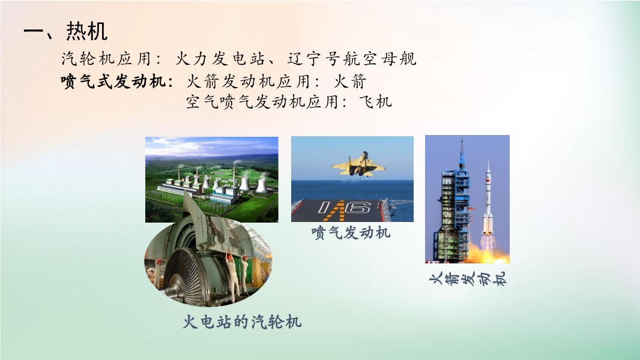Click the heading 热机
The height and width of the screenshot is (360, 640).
click(x=87, y=31)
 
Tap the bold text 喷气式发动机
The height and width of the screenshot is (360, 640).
click(x=113, y=81)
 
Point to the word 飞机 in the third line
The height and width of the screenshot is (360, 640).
click(x=375, y=101)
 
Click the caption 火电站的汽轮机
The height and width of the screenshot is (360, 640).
click(x=241, y=322)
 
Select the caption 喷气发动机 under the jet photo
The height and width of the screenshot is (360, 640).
click(x=351, y=232)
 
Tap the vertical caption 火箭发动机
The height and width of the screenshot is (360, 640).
click(x=467, y=279)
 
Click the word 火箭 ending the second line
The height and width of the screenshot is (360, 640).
click(x=350, y=81)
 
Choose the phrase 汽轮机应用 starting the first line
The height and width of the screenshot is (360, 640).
click(x=106, y=59)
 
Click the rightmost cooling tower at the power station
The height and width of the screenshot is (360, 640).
click(x=262, y=185)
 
